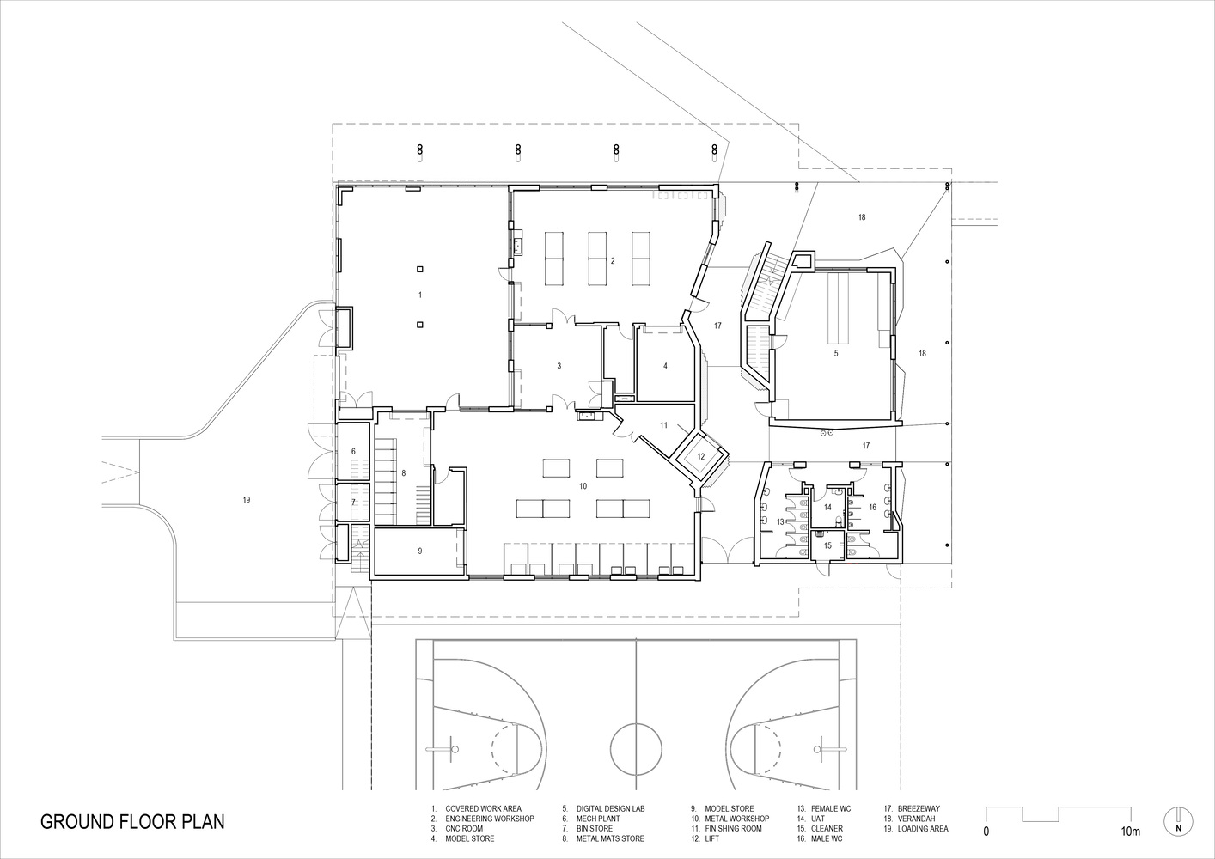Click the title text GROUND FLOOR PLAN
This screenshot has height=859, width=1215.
tap(132, 821)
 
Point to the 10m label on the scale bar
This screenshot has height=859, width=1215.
tap(1130, 832)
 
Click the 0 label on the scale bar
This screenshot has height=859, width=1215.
tap(986, 832)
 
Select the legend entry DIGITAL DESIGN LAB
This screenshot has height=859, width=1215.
tap(609, 808)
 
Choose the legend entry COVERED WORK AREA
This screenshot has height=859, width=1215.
tap(482, 808)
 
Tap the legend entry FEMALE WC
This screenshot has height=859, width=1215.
tap(830, 808)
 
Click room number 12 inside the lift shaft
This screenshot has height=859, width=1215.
tap(700, 456)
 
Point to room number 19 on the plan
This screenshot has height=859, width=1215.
tap(247, 499)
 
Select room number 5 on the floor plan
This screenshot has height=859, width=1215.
tap(835, 352)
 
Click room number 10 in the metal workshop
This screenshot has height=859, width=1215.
tap(583, 486)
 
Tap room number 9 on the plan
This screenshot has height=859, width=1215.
tap(420, 551)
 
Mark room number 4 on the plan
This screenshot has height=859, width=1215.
tap(665, 365)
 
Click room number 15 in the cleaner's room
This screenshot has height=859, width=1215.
tap(828, 545)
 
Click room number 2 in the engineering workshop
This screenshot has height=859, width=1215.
tap(613, 260)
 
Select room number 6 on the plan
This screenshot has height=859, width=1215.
tap(352, 451)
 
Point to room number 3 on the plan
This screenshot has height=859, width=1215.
tap(559, 365)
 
